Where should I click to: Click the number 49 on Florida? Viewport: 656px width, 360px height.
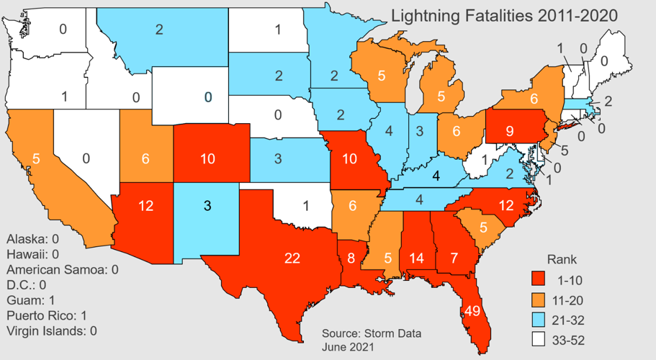pyautogui.click(x=472, y=311)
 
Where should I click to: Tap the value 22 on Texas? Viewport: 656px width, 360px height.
pyautogui.click(x=292, y=258)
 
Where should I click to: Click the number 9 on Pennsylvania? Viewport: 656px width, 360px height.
pyautogui.click(x=509, y=132)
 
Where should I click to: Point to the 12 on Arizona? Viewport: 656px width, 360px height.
pyautogui.click(x=146, y=206)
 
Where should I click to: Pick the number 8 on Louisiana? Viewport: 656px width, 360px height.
pyautogui.click(x=351, y=257)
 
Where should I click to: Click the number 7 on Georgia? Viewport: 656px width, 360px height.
pyautogui.click(x=454, y=257)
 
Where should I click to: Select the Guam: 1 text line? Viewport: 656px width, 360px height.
pyautogui.click(x=32, y=300)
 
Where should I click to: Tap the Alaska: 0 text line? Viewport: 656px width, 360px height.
pyautogui.click(x=34, y=238)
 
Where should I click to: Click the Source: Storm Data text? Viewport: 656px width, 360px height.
pyautogui.click(x=372, y=334)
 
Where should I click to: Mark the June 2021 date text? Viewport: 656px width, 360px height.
pyautogui.click(x=349, y=347)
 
